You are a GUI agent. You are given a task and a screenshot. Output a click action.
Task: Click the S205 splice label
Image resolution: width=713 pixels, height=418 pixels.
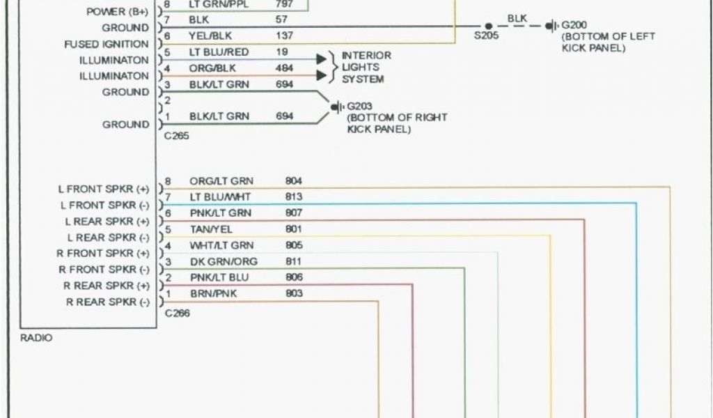486,36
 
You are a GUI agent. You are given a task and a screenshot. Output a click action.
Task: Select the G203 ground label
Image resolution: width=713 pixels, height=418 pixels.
359,106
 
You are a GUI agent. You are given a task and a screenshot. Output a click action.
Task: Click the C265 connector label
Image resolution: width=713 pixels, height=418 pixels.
176,136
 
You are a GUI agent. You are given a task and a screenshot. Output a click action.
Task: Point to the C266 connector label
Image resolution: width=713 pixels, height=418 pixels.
177,313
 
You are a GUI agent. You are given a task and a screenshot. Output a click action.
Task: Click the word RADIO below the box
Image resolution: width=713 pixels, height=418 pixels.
36,338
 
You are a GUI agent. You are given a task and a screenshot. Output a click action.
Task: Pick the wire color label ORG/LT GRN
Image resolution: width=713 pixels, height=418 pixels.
221,181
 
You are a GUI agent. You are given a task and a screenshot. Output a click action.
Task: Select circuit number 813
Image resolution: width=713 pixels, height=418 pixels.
293,197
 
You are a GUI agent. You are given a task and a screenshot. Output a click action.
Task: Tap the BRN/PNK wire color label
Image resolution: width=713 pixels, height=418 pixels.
213,294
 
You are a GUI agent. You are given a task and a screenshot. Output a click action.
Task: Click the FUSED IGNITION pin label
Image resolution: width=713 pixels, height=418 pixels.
107,44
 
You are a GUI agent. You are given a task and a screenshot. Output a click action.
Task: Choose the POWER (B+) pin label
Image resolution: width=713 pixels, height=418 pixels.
118,12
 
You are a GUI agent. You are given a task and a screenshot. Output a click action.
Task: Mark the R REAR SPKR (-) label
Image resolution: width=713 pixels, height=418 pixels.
107,302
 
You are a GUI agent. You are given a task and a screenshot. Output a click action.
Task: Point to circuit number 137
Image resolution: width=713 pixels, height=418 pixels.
284,36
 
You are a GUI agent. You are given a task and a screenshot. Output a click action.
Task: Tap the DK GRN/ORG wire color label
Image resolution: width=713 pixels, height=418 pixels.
224,261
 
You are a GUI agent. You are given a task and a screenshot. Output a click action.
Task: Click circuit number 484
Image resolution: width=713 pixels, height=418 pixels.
284,68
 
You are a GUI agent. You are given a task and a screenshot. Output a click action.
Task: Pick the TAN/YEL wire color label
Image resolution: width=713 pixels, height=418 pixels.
211,229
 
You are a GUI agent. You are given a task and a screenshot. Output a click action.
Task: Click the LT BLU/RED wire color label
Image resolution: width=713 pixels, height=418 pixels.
219,52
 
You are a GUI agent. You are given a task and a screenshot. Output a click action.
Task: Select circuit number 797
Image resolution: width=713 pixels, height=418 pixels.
284,4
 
